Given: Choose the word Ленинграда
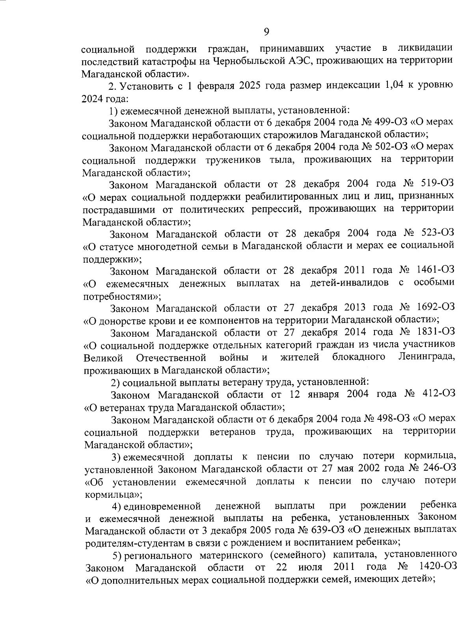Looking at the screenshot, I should [427, 357].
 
